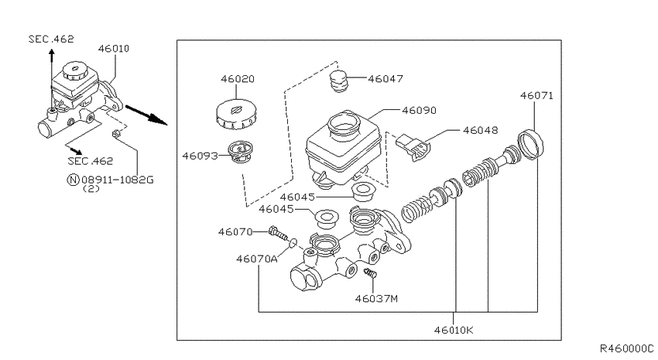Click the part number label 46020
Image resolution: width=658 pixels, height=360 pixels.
coord(238,79)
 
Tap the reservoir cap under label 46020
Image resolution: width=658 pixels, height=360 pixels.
coord(235,114)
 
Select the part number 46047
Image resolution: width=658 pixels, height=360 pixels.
coord(386,79)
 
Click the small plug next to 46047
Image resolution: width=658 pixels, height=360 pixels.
coord(339,81)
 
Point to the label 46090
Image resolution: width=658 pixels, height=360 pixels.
coord(419,111)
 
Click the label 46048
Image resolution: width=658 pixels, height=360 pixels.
coord(481,131)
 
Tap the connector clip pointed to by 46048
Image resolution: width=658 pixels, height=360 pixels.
coord(413,147)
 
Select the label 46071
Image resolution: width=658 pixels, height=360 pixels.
coord(536,96)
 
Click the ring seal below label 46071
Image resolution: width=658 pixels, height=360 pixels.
coord(530,145)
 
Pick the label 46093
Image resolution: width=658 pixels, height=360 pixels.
coord(200,156)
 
